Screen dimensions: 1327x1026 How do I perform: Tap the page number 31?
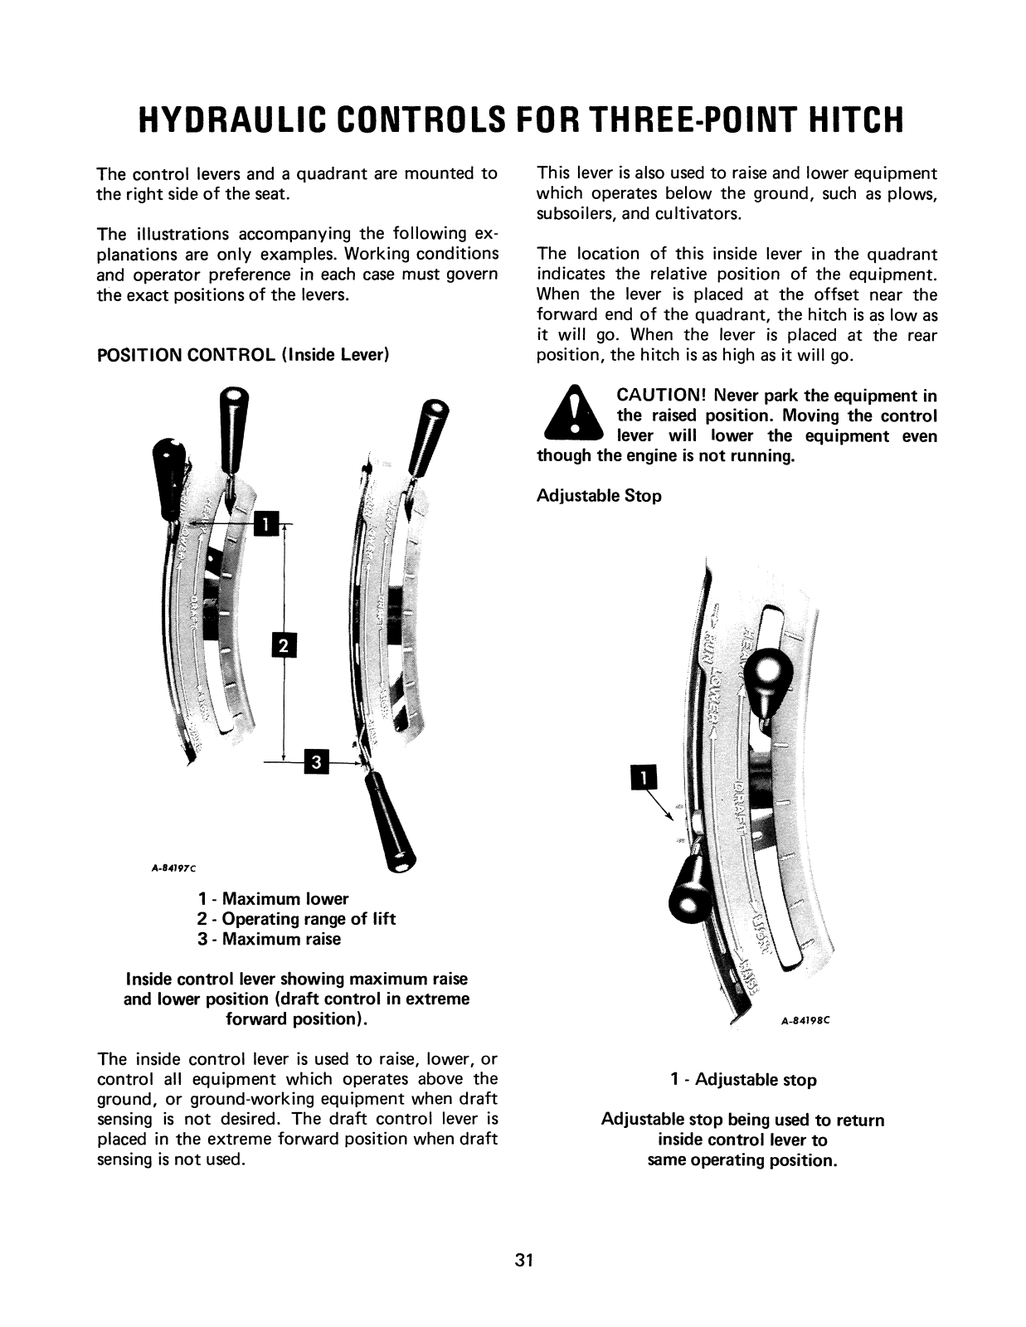click(523, 1261)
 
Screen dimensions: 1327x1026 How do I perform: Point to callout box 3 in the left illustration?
click(317, 761)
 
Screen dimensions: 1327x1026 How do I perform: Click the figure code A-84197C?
click(172, 868)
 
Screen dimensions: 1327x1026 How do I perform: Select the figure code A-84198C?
click(805, 1022)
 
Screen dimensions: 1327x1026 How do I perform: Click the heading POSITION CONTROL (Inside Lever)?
click(243, 356)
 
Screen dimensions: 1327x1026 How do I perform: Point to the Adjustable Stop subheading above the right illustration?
click(599, 496)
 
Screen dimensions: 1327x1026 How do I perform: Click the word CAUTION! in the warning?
click(660, 396)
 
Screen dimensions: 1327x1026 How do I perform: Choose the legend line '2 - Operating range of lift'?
click(296, 919)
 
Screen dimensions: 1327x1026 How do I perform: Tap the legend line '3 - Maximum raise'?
click(269, 939)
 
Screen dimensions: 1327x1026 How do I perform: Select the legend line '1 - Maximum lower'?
click(273, 899)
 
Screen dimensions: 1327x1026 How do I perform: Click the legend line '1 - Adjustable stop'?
click(743, 1080)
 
